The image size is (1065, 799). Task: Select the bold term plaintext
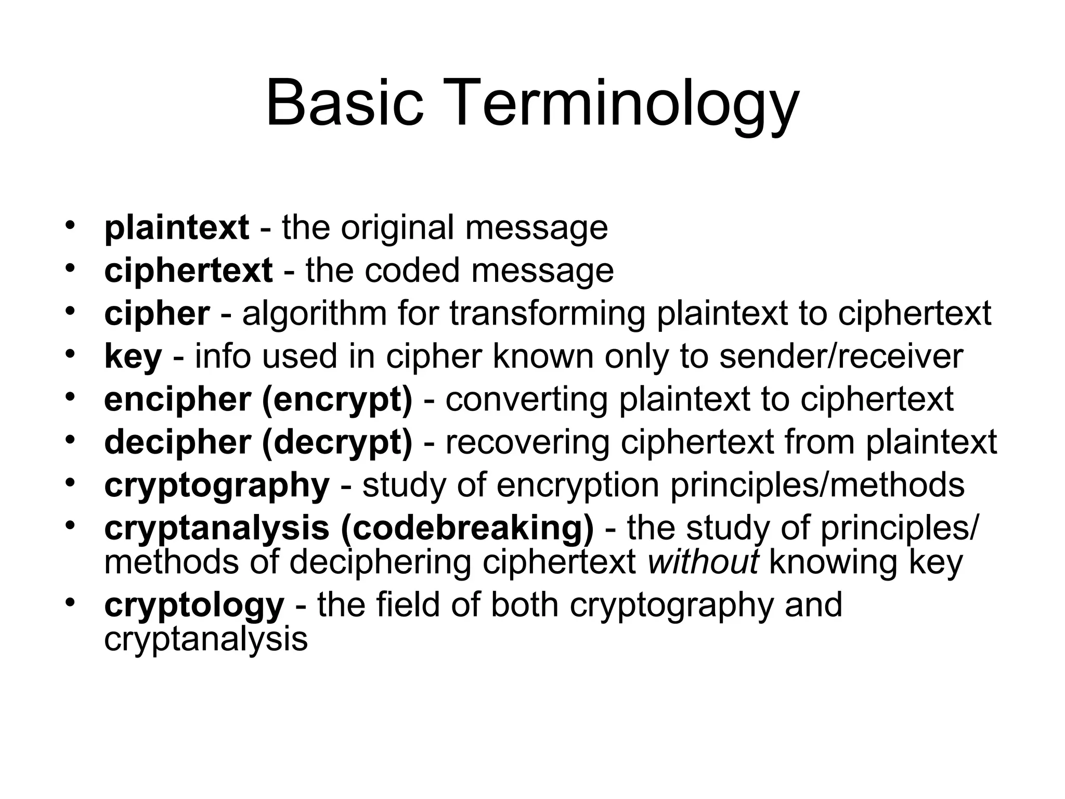(x=176, y=228)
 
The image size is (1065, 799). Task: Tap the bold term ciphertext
(x=188, y=271)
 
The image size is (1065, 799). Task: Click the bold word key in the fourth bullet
(x=133, y=357)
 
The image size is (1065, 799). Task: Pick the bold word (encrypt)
(x=337, y=400)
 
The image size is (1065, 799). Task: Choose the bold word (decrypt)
(x=337, y=443)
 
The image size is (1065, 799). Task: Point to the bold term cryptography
(x=217, y=486)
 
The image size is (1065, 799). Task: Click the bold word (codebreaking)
(x=467, y=528)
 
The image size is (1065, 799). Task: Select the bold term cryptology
(x=194, y=605)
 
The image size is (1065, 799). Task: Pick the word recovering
(x=527, y=443)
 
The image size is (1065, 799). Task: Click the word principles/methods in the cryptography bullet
(x=817, y=485)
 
